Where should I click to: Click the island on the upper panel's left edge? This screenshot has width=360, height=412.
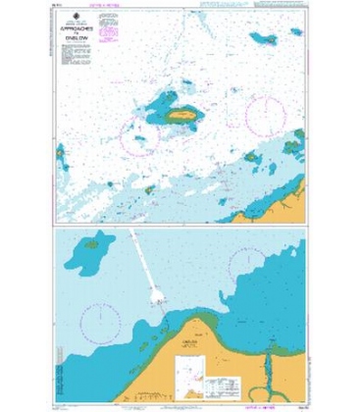click(x=60, y=153)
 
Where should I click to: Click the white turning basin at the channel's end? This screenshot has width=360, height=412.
click(x=161, y=293)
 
